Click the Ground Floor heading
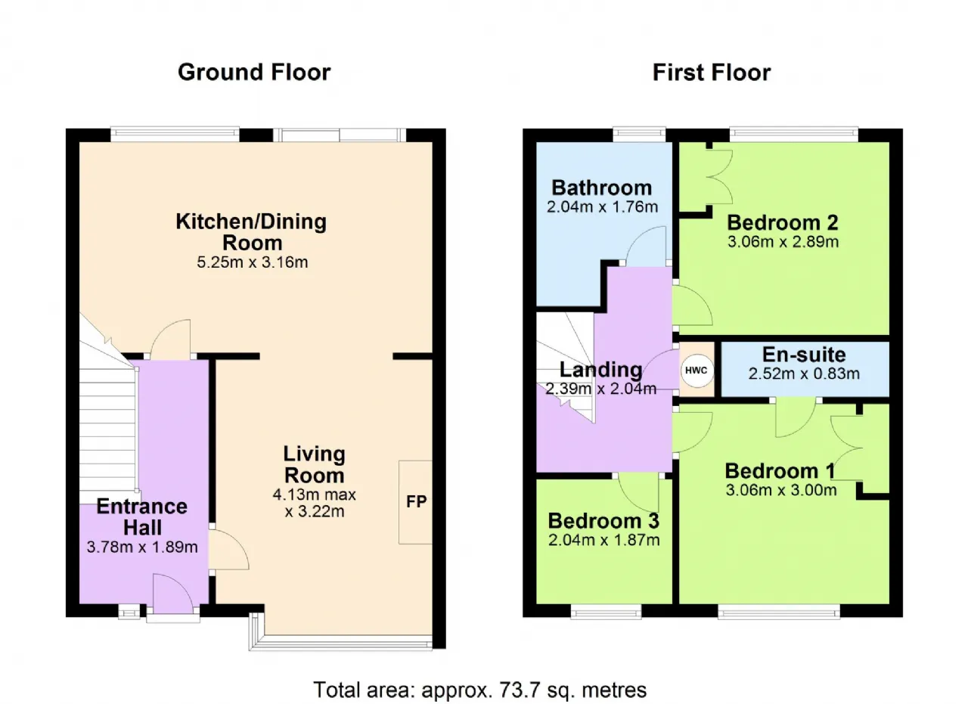[x=254, y=72]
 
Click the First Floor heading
[x=712, y=72]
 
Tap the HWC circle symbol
[x=697, y=371]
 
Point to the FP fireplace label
[x=417, y=501]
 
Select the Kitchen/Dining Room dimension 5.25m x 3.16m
[x=253, y=262]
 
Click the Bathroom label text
[x=602, y=188]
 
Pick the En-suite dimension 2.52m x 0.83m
[x=804, y=374]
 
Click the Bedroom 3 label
[x=603, y=521]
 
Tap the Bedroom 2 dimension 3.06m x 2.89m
[x=783, y=241]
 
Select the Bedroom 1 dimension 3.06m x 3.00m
[x=781, y=490]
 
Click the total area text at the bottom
[x=479, y=690]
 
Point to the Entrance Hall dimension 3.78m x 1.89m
[x=142, y=547]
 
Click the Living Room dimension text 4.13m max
[x=314, y=495]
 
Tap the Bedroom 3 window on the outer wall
[x=606, y=611]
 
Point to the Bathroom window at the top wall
[x=639, y=135]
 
